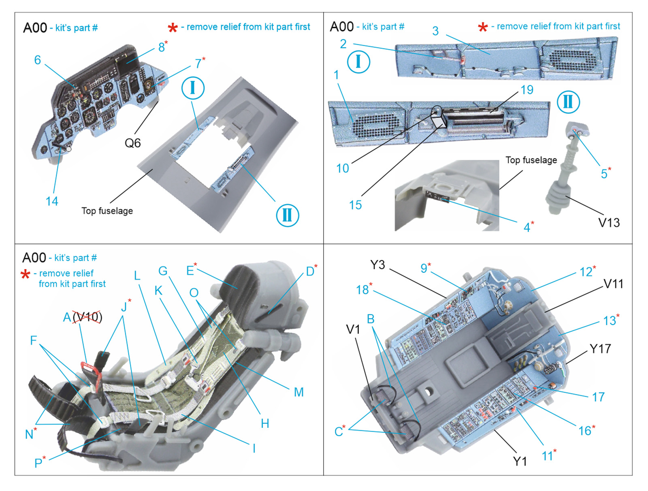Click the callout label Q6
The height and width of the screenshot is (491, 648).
pyautogui.click(x=132, y=143)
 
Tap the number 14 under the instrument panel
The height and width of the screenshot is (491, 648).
pyautogui.click(x=52, y=201)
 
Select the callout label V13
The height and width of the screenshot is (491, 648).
pyautogui.click(x=609, y=222)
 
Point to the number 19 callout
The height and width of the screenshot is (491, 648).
pyautogui.click(x=527, y=89)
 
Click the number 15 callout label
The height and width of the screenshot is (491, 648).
pyautogui.click(x=355, y=205)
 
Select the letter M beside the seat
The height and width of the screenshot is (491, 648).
pyautogui.click(x=298, y=392)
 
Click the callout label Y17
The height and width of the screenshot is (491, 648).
pyautogui.click(x=600, y=349)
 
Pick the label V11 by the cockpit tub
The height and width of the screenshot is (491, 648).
pyautogui.click(x=613, y=284)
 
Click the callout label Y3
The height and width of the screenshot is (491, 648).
pyautogui.click(x=377, y=265)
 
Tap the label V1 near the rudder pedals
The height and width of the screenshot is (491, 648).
pyautogui.click(x=353, y=329)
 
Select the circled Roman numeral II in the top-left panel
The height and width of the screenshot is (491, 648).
pyautogui.click(x=287, y=215)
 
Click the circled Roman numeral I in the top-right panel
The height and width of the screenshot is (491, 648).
pyautogui.click(x=358, y=62)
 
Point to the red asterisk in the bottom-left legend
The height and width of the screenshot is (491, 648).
pyautogui.click(x=26, y=274)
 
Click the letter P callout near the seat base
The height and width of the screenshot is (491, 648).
pyautogui.click(x=38, y=463)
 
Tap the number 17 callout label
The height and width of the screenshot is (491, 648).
pyautogui.click(x=598, y=397)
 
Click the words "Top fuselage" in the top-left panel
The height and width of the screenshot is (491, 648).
pyautogui.click(x=107, y=210)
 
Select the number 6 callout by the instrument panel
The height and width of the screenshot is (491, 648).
pyautogui.click(x=38, y=60)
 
